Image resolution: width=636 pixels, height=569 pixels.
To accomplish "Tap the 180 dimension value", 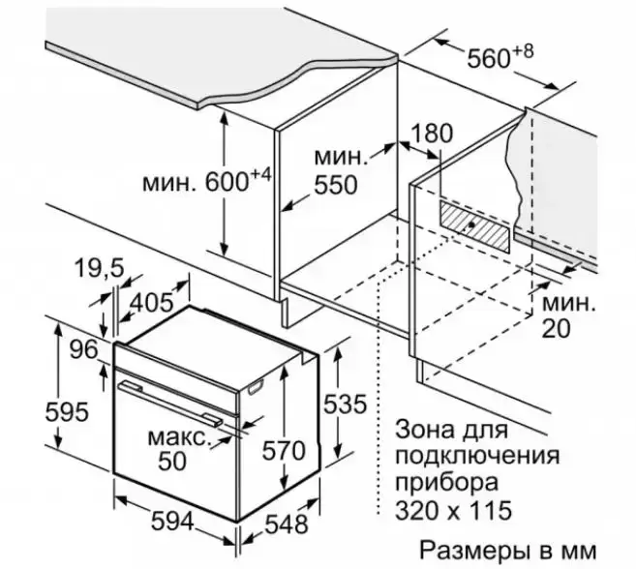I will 432,133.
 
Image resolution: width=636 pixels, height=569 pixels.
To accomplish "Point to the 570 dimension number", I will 284,450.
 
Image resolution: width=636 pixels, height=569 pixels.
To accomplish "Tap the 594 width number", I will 173,522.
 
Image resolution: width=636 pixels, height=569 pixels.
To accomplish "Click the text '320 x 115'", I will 452,508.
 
